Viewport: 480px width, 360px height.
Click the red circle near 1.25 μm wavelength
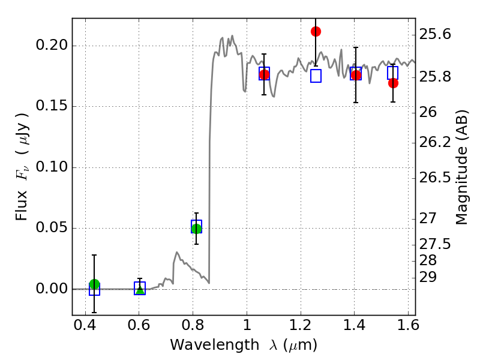tap(316, 31)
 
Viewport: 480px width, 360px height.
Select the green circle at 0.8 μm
tap(196, 229)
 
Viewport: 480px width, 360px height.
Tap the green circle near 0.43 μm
tap(95, 284)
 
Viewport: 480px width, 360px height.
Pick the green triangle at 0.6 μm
tap(140, 290)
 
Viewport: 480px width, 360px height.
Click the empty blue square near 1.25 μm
tap(316, 76)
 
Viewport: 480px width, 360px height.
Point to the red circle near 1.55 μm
tap(393, 83)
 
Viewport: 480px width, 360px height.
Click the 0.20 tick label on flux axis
tap(52, 45)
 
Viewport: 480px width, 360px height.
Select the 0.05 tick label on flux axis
tap(52, 228)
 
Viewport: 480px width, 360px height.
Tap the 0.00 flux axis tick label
tap(52, 289)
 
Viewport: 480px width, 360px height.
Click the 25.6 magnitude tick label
tap(434, 34)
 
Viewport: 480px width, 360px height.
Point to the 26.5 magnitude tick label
tap(434, 178)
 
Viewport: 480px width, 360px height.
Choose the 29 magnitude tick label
tap(428, 277)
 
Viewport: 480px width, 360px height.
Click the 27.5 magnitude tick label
tap(434, 244)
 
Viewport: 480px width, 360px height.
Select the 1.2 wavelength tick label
tap(301, 325)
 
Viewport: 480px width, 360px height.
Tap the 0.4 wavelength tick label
tap(85, 325)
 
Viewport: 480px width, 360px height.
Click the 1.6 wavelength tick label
tap(408, 325)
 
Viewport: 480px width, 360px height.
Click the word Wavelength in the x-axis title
tap(215, 345)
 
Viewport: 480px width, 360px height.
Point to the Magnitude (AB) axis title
tap(461, 167)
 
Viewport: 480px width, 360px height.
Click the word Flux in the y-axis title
tap(22, 205)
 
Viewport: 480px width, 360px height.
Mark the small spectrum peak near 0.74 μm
tap(176, 252)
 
